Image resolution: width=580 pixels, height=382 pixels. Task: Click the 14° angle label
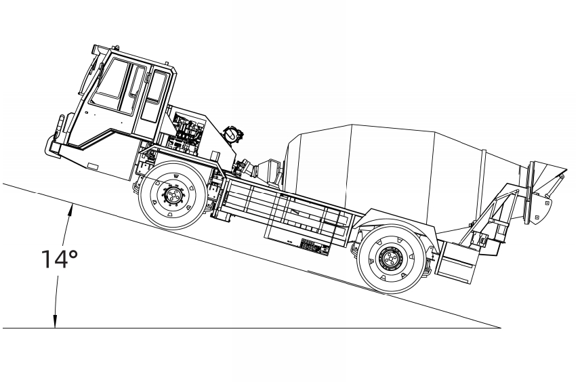(59, 259)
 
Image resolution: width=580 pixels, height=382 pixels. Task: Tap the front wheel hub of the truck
(172, 195)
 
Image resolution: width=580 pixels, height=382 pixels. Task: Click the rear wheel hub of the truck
(390, 257)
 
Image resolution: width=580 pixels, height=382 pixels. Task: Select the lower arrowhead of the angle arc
(55, 322)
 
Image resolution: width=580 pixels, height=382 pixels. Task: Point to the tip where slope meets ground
(501, 328)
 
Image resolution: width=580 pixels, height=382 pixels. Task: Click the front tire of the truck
(173, 195)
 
